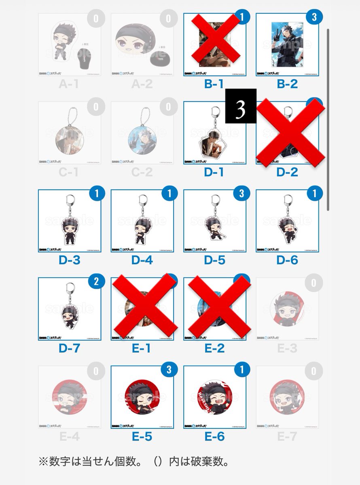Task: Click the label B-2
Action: (x=287, y=84)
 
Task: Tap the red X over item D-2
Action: (x=291, y=133)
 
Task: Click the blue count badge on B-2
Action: (x=313, y=18)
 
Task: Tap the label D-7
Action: (x=69, y=348)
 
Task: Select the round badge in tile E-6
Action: (x=214, y=398)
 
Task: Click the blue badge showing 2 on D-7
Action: (x=96, y=282)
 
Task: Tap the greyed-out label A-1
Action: (x=69, y=84)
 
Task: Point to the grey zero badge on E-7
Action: (x=313, y=371)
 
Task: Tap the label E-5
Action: (x=142, y=436)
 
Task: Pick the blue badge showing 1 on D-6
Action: (x=313, y=194)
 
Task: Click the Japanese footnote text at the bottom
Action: (x=134, y=461)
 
